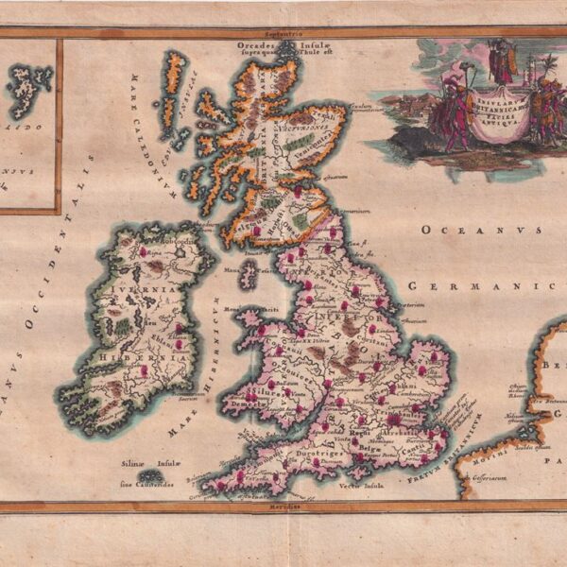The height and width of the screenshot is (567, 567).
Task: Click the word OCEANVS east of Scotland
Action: [480, 230]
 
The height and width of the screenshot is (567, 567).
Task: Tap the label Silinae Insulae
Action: [142, 463]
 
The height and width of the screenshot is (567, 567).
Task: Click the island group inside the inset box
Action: [25, 91]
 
